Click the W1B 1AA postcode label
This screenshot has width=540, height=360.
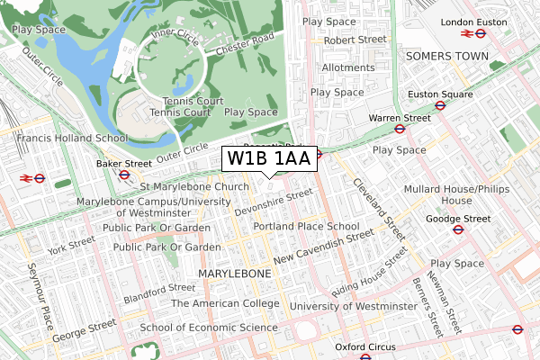[269, 159]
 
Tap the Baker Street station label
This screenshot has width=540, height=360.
[124, 164]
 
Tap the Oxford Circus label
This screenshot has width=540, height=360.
[365, 346]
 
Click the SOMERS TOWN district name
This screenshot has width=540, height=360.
[447, 56]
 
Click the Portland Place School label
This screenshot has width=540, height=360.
[306, 226]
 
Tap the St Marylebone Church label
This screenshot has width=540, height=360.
[194, 187]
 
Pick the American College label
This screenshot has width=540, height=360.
[225, 303]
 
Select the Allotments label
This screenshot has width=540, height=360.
[347, 67]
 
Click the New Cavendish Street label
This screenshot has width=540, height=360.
[324, 246]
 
